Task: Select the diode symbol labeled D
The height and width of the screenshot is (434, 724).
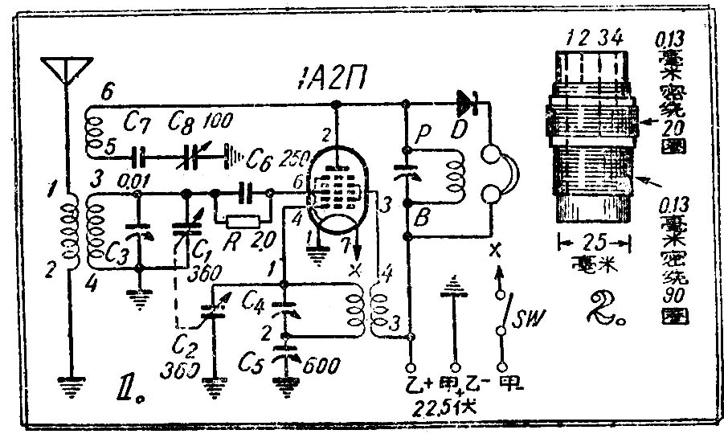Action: click(468, 102)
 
